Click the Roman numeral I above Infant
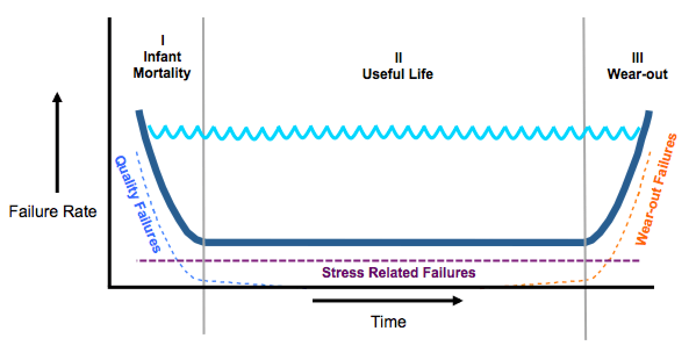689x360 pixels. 162,40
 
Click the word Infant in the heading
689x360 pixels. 162,57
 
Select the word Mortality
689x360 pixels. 162,74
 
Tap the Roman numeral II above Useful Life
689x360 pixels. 398,57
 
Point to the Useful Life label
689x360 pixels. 398,74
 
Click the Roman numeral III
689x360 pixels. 637,57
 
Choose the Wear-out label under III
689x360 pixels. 637,74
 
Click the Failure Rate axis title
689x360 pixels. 53,212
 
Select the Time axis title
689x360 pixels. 389,322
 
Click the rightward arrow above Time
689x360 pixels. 387,300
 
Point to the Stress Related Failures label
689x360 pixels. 399,272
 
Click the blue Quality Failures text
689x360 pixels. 138,203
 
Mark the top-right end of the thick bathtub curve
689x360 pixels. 649,113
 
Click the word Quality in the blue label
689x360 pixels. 128,177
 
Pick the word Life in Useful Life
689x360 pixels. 421,74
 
